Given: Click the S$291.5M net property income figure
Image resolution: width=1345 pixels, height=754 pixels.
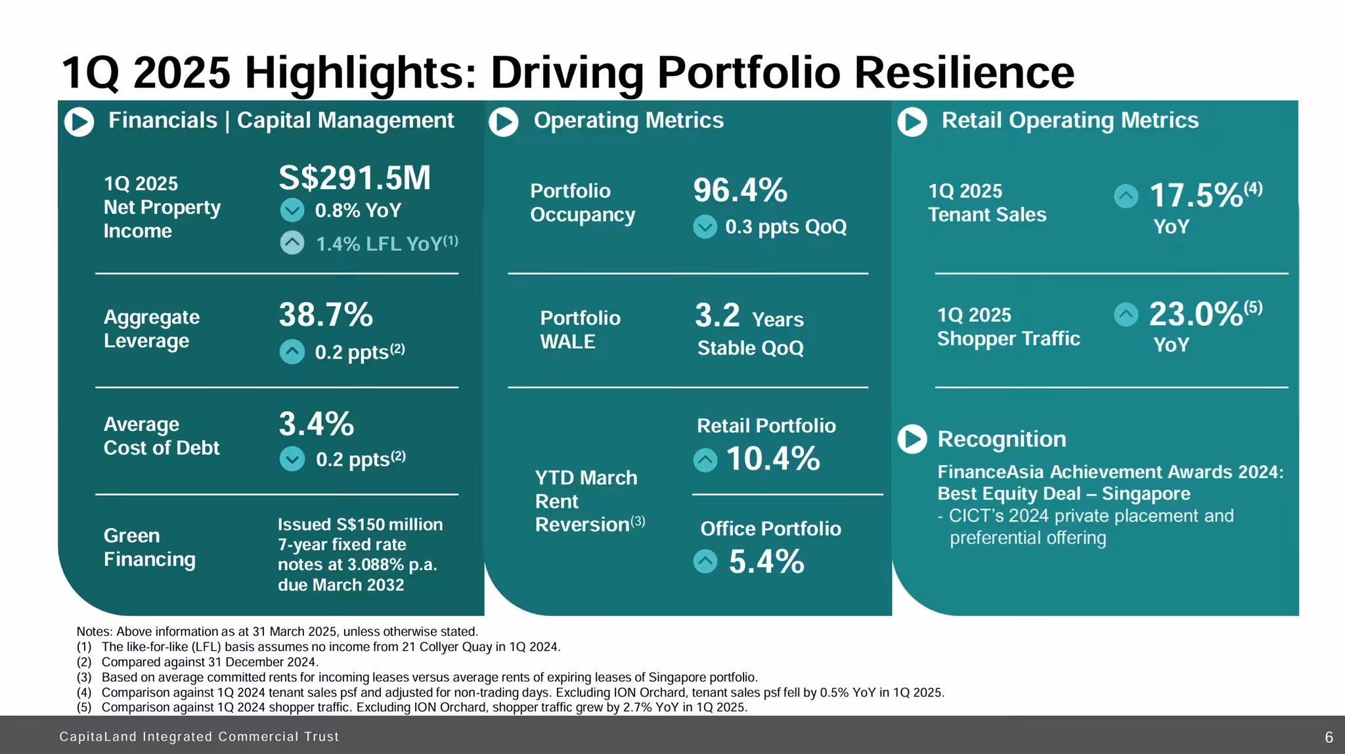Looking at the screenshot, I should tap(355, 177).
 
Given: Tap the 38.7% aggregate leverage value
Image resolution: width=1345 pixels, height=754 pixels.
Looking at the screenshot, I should tap(326, 315).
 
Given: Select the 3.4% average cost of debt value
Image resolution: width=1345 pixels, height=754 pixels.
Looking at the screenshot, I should tap(316, 424).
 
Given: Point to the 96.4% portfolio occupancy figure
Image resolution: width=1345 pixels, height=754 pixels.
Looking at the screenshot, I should tap(740, 190).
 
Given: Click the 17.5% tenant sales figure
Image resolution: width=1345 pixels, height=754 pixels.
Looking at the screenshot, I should tap(1195, 195).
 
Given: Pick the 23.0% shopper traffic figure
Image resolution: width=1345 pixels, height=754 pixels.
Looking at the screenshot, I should tap(1195, 314).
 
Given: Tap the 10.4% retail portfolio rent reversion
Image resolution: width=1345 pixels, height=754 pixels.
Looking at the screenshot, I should tap(773, 458).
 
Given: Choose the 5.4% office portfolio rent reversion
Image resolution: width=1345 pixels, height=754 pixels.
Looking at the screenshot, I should tap(766, 562).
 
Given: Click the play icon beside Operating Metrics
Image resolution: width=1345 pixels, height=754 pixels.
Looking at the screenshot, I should tap(504, 122).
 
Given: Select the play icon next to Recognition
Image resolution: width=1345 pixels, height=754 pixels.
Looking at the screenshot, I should tap(912, 439).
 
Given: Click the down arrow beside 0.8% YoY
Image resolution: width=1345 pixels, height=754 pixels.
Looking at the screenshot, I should tap(292, 210).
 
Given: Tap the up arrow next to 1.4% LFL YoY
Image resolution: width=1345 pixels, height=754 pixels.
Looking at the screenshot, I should tap(292, 243).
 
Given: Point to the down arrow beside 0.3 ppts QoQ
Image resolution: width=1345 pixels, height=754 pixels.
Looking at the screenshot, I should tap(705, 227).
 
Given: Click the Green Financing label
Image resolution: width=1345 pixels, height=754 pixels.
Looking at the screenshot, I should tap(149, 547).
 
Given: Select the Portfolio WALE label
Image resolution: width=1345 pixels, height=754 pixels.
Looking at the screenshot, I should tap(580, 330).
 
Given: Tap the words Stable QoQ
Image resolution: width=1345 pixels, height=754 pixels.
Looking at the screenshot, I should tap(750, 347).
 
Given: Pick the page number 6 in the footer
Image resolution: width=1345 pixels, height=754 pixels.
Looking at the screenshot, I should tap(1329, 737).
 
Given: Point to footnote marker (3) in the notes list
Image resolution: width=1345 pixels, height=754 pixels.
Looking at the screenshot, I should tap(83, 677).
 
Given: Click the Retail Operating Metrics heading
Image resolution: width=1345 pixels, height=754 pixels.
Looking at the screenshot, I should tap(1070, 120).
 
